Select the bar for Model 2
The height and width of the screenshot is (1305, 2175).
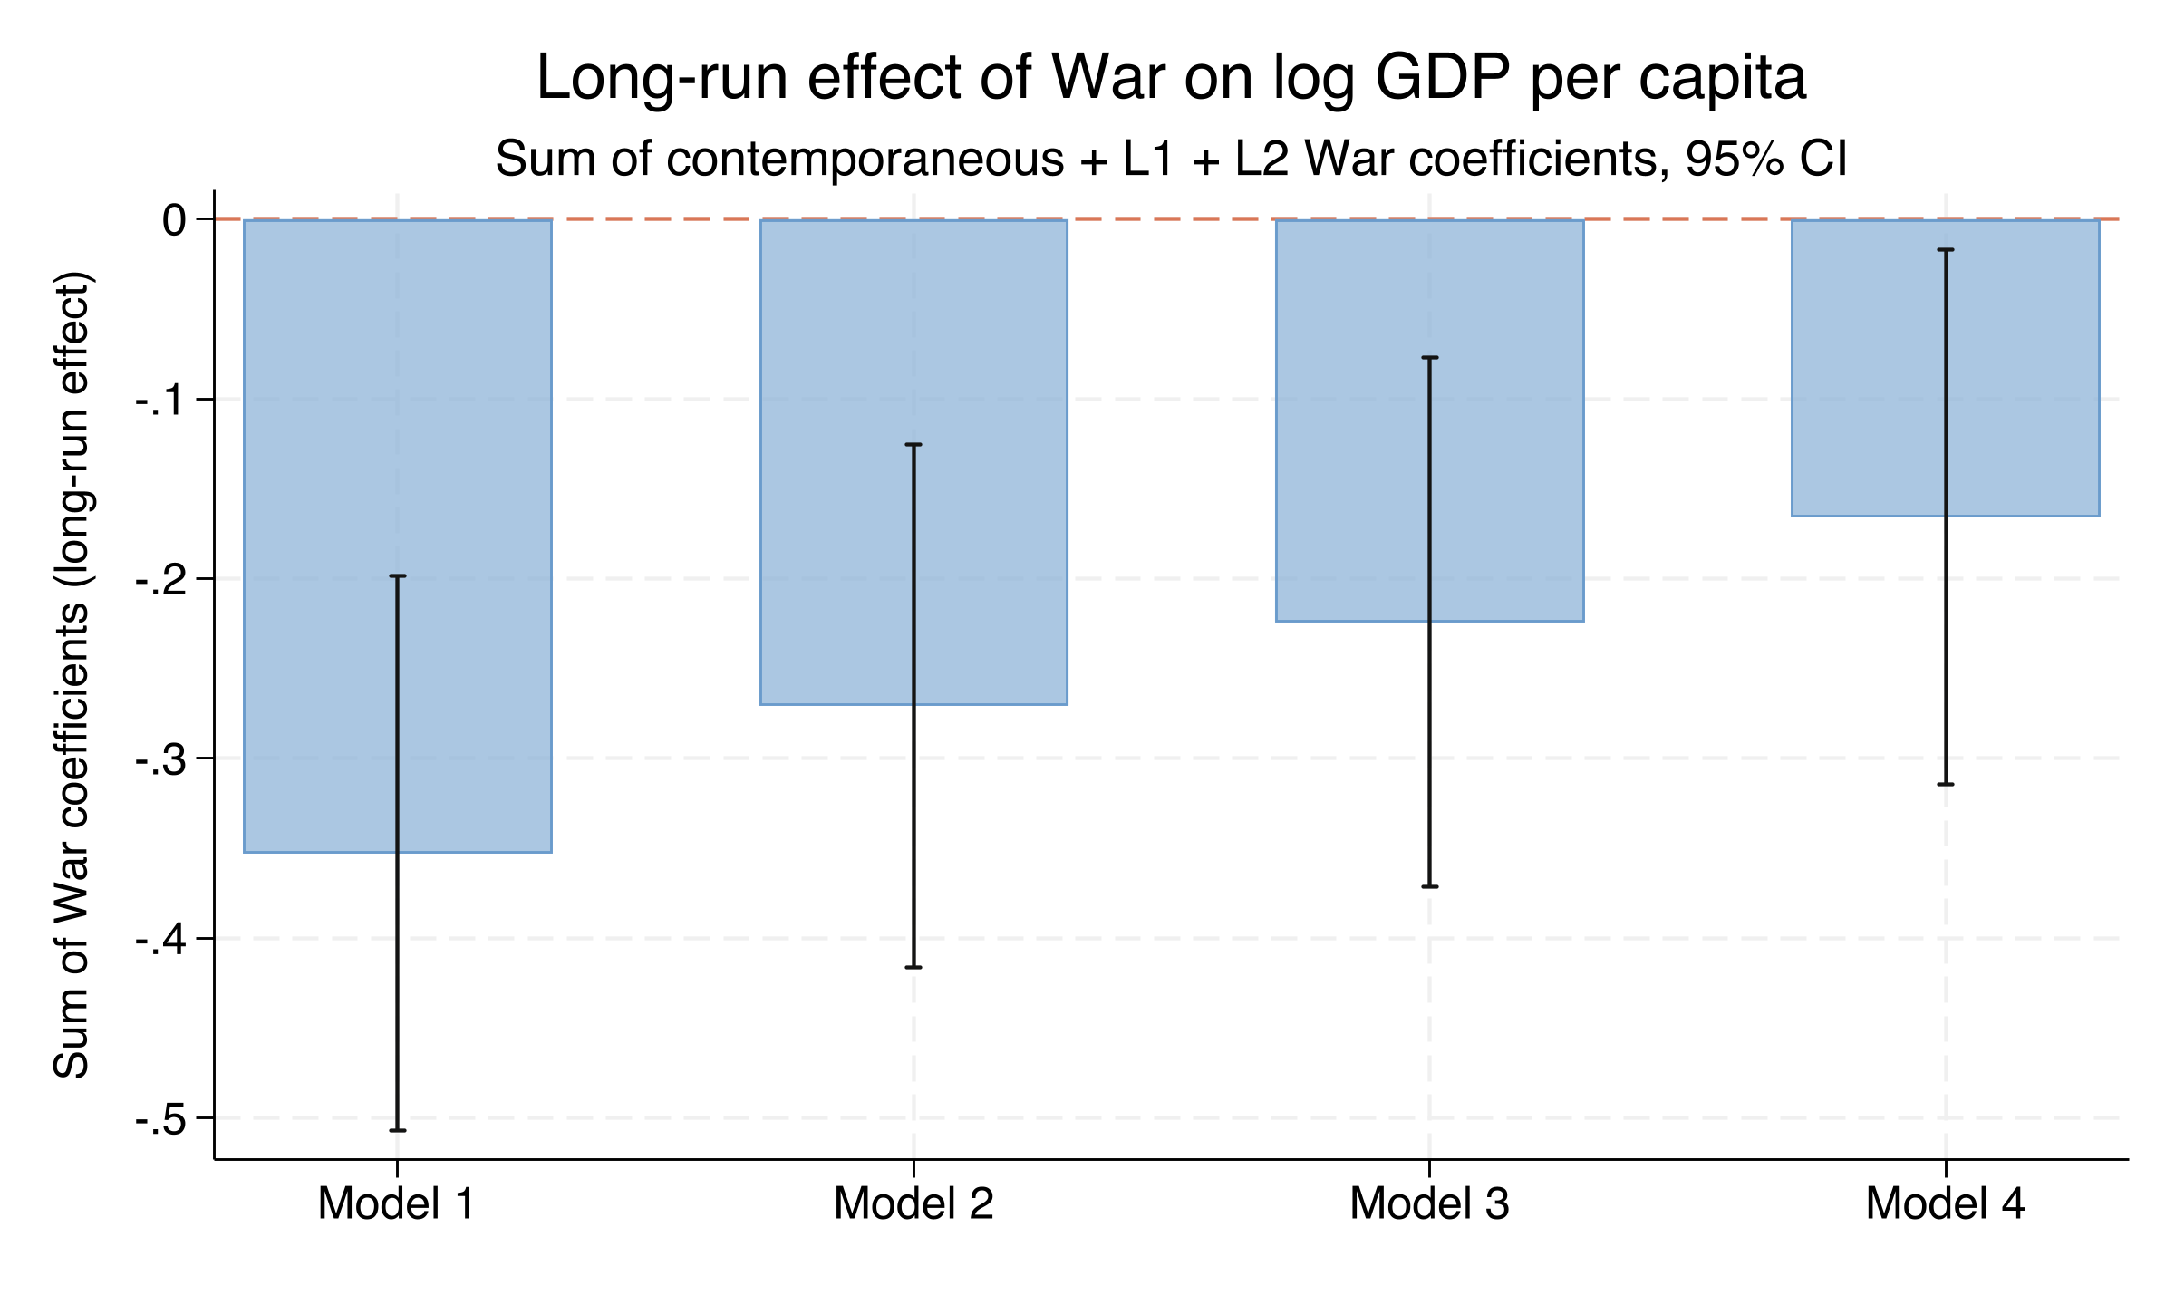834,462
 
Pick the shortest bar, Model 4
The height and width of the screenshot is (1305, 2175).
1867,368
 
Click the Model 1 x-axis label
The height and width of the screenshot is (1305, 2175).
396,1204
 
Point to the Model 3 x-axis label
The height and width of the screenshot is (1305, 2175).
1429,1204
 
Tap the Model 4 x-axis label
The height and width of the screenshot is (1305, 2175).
1945,1204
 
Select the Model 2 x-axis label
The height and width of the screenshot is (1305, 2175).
913,1204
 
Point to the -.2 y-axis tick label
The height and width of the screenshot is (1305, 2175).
160,579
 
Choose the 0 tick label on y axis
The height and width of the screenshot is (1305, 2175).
174,220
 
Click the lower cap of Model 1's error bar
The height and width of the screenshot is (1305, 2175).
397,1130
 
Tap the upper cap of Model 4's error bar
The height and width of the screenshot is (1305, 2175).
1945,249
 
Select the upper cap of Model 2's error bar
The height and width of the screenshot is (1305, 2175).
913,445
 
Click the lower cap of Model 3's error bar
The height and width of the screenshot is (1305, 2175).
1429,886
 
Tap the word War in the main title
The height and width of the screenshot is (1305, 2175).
1107,78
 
